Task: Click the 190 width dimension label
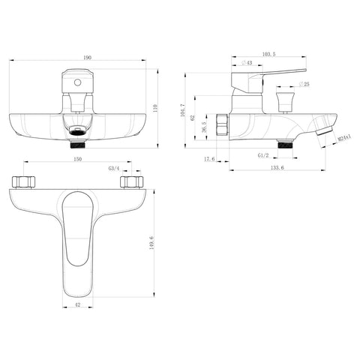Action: [87, 58]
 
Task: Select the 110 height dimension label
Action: [155, 108]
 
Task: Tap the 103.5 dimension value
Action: [269, 54]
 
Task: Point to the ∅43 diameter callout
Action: [247, 63]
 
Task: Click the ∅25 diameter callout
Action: [304, 84]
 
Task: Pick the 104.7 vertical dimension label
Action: [182, 110]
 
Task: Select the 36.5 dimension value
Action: [204, 127]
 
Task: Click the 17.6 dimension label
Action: [209, 159]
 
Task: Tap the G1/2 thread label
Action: [263, 155]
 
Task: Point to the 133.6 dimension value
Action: [277, 168]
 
